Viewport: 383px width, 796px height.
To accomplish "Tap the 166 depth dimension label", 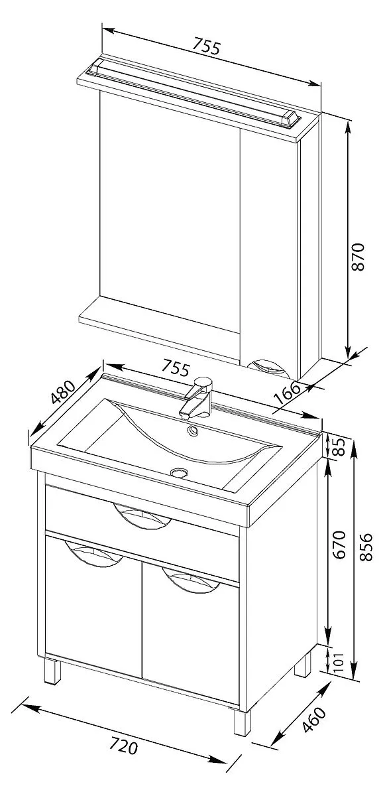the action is (x=287, y=393).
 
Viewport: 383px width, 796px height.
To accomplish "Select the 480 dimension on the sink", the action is (x=63, y=392).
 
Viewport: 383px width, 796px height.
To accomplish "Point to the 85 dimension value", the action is (x=340, y=447).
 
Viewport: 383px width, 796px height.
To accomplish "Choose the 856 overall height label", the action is (x=366, y=547).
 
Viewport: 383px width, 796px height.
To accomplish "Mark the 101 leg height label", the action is (x=339, y=663).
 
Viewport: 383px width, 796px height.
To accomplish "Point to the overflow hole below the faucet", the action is (x=193, y=431).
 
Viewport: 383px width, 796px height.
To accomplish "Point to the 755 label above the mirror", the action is (x=207, y=47).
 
